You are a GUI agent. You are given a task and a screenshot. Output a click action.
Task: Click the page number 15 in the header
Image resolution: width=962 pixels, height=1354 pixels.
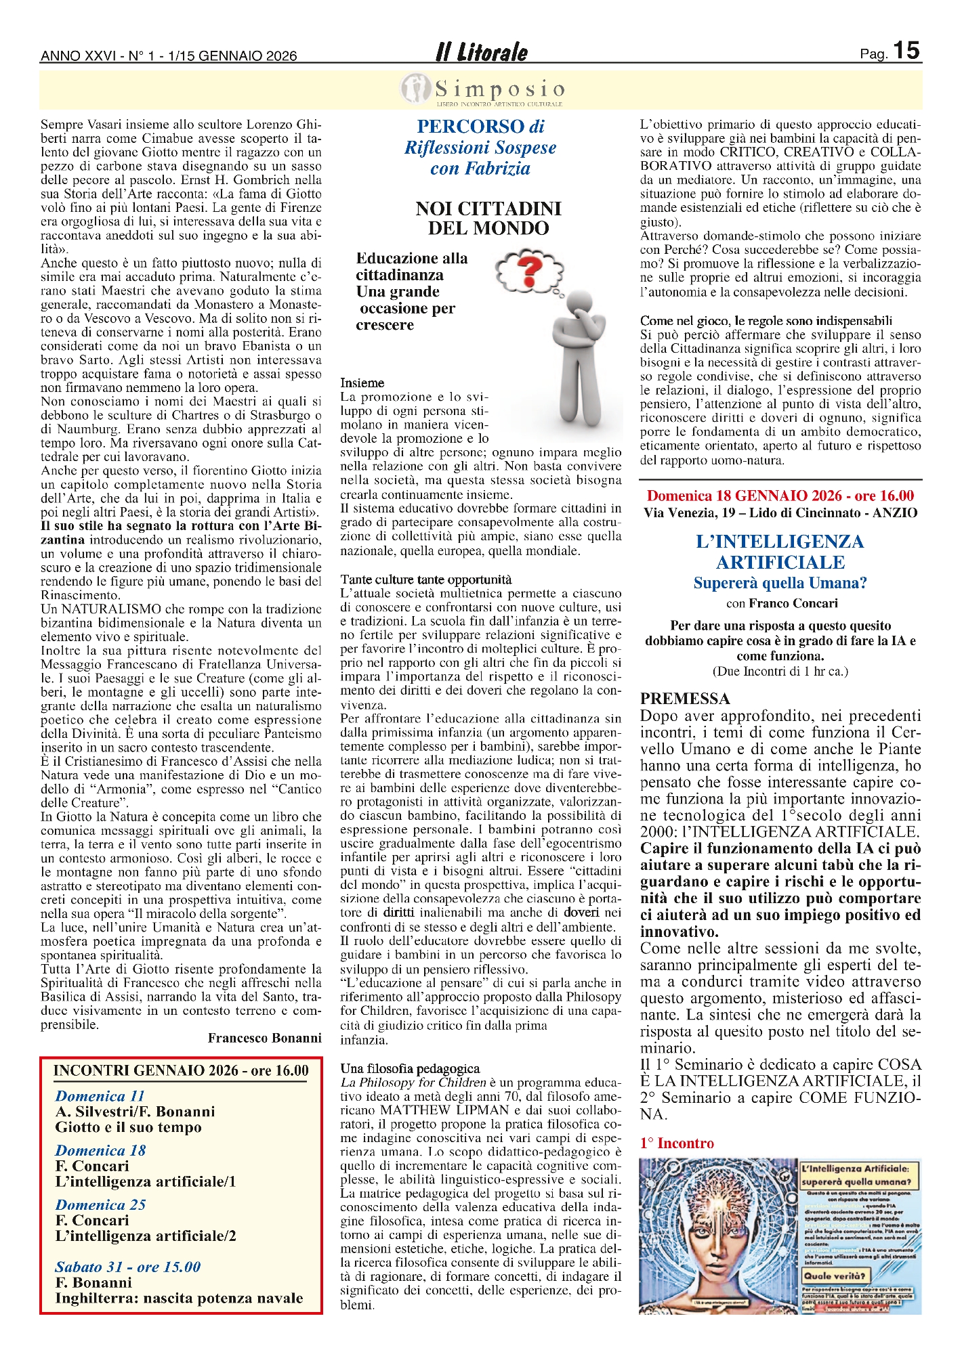tap(906, 51)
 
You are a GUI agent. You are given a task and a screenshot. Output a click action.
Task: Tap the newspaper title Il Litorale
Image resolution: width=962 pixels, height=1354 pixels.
tap(481, 52)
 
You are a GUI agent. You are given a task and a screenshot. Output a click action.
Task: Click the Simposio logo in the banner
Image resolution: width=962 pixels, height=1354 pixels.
tap(482, 90)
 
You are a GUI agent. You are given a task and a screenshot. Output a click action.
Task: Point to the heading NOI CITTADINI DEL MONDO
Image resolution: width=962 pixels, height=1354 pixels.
tap(488, 218)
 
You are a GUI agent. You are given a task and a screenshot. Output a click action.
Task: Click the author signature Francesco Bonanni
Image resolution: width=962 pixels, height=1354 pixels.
tap(264, 1038)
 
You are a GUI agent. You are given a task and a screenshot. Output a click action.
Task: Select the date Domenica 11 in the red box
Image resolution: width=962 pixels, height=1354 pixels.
tap(100, 1096)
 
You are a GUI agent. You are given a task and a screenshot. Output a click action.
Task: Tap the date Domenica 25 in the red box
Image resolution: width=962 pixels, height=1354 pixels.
tap(100, 1204)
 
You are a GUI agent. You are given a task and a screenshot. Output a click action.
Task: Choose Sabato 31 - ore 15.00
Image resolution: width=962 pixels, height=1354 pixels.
tap(128, 1267)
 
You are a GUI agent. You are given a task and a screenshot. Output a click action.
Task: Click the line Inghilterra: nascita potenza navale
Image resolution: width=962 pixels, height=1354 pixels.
tap(179, 1298)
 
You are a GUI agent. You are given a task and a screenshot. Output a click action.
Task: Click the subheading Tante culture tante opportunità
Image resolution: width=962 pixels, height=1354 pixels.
tap(426, 580)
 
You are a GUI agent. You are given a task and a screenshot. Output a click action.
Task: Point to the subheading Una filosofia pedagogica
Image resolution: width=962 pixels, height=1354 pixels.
tap(410, 1068)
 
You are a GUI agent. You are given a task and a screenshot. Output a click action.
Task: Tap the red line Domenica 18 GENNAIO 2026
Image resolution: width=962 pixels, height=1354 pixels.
tap(780, 496)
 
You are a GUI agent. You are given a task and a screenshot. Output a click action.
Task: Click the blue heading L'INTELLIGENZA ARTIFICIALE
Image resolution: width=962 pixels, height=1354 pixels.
tap(780, 552)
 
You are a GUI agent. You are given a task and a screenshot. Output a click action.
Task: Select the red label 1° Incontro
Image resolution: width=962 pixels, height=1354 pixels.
tap(677, 1143)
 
